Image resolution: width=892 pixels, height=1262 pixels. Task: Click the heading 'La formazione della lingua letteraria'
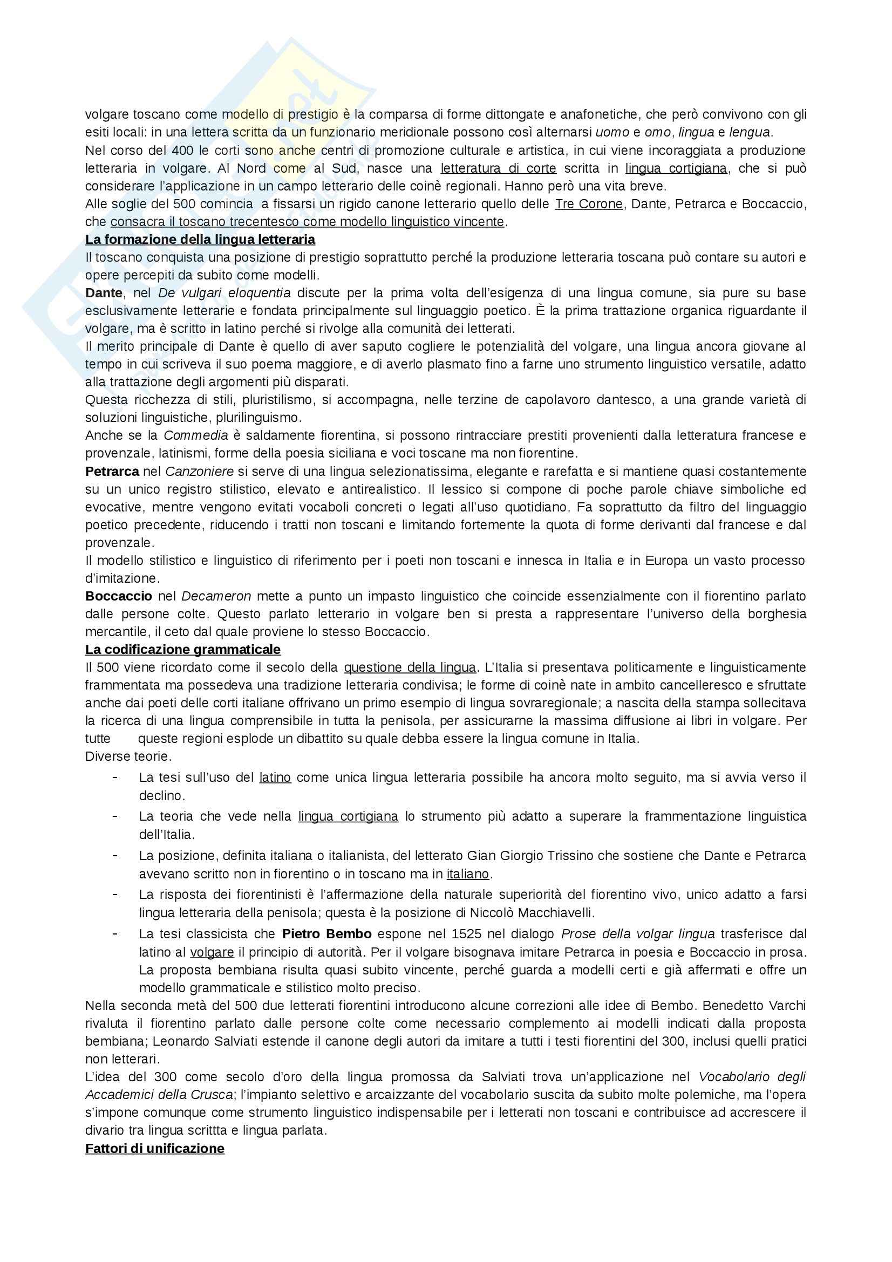click(200, 240)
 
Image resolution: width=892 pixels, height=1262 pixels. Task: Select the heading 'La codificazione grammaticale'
click(182, 650)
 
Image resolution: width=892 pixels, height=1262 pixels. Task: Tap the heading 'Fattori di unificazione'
click(154, 1149)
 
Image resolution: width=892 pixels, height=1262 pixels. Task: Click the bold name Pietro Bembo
click(327, 934)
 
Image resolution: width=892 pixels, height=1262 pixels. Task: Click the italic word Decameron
click(216, 596)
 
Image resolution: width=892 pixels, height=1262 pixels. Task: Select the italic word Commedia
click(196, 436)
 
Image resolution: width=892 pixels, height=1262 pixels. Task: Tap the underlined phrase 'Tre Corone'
click(589, 204)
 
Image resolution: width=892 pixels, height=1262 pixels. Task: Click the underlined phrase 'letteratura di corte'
click(499, 168)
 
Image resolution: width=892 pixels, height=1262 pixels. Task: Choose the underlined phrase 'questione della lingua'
click(410, 668)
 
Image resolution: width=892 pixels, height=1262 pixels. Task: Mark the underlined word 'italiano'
click(467, 874)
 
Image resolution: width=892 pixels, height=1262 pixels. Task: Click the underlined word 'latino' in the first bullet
click(275, 778)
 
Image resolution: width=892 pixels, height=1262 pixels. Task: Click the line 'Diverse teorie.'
click(128, 756)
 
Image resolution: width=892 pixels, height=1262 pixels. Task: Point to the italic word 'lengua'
click(750, 133)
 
